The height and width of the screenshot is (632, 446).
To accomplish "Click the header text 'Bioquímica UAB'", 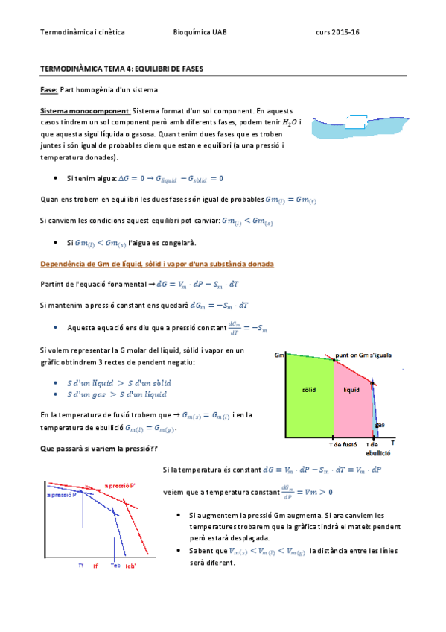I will tap(200, 33).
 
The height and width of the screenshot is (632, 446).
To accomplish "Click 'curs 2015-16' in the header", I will tap(338, 33).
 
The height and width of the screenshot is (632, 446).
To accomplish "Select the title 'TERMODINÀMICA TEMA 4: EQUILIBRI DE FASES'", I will tap(122, 69).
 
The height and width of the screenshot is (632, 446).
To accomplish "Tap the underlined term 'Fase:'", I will tap(49, 89).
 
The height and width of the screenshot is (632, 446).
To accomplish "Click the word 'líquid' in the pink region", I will tap(351, 390).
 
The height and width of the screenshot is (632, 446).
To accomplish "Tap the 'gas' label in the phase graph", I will tap(380, 425).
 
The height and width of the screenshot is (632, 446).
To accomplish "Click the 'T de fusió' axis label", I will tap(343, 445).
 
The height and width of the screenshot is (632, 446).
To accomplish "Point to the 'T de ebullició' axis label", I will tap(378, 449).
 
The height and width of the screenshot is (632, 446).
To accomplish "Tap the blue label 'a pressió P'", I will tap(62, 494).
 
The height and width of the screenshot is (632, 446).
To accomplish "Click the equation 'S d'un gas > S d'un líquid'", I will tap(117, 394).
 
